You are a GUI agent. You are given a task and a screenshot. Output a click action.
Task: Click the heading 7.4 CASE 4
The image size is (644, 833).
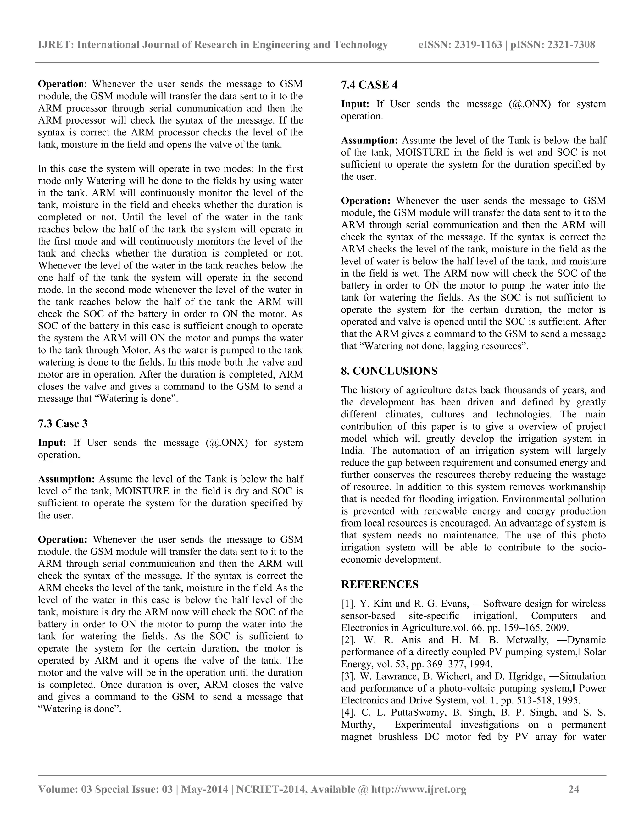coord(369,85)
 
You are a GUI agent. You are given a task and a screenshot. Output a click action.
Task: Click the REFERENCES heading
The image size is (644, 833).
coord(380,584)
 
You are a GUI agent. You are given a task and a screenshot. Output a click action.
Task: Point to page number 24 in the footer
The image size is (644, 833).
coord(574,789)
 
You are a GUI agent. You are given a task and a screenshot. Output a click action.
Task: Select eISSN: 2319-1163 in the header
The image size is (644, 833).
coord(460,45)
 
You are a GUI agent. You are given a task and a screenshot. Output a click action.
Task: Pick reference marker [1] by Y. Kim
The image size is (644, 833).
coord(348,604)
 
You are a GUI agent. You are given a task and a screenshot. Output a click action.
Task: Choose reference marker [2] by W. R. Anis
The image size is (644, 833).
coord(348,640)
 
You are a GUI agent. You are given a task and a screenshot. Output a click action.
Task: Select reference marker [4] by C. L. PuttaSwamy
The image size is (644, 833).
coord(348,713)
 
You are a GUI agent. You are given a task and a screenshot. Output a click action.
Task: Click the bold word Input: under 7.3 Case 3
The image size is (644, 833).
coord(52,443)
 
